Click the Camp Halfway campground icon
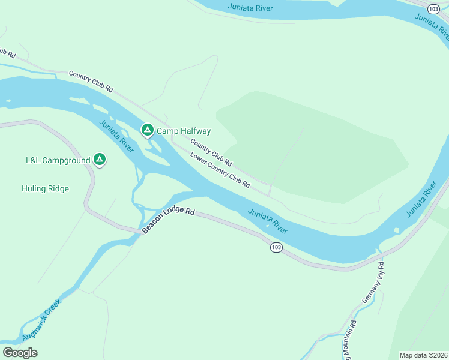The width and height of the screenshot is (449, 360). click(147, 130)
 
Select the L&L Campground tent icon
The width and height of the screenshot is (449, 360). click(100, 160)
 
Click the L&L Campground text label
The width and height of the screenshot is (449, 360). click(58, 160)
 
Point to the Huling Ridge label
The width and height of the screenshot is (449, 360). click(45, 188)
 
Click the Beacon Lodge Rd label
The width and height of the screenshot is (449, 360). click(169, 220)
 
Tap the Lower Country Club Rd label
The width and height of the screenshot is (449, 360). click(220, 170)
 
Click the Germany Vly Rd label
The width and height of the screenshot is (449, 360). click(373, 281)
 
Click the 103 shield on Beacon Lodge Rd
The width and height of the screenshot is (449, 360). click(276, 247)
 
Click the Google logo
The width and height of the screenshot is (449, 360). click(20, 352)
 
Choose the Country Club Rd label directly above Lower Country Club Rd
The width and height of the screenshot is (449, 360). click(211, 152)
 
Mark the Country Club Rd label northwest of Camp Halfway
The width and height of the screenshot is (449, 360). click(91, 81)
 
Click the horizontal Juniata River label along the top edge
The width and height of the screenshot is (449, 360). click(250, 7)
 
